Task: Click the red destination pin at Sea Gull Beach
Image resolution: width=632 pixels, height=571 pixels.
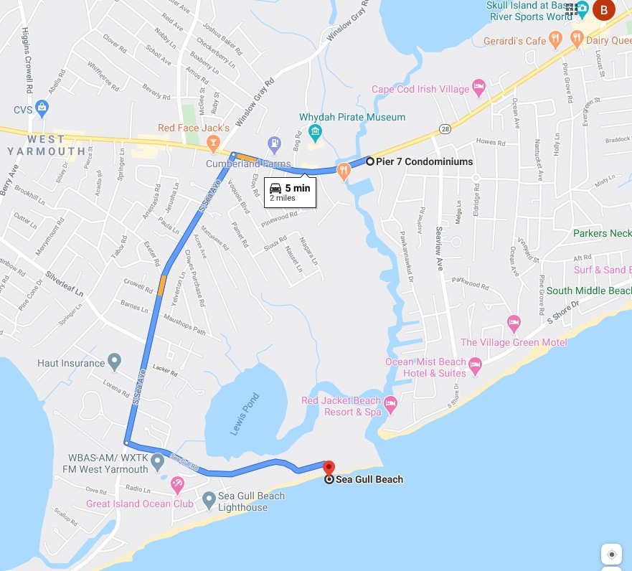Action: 329,467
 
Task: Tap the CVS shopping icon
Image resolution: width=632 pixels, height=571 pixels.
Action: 42,108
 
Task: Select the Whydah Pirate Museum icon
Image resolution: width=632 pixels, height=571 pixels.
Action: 314,132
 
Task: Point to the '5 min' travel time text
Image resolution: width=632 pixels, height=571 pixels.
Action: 297,188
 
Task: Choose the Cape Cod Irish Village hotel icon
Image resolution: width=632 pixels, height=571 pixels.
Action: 480,89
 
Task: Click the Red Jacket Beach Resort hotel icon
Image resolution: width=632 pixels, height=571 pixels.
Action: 391,406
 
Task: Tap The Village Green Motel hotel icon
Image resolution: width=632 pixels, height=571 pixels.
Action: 514,322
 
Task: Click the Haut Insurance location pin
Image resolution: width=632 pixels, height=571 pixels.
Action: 114,362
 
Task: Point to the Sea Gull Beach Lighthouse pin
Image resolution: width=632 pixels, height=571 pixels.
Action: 208,499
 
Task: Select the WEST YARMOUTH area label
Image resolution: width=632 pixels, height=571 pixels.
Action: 47,144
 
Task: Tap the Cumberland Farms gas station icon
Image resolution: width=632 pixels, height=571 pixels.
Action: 273,145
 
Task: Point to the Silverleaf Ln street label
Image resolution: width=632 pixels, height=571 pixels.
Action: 65,283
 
